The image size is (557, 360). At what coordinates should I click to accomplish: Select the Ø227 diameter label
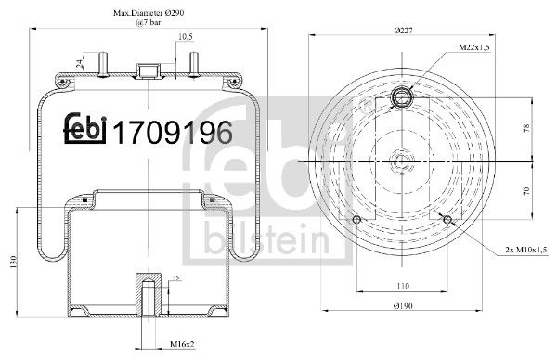(404, 31)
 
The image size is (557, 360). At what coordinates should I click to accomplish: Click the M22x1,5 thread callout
(477, 46)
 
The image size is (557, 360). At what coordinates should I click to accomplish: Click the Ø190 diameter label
(403, 305)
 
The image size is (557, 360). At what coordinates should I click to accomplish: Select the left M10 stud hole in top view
(358, 219)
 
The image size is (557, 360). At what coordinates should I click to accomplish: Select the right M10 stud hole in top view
(448, 219)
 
